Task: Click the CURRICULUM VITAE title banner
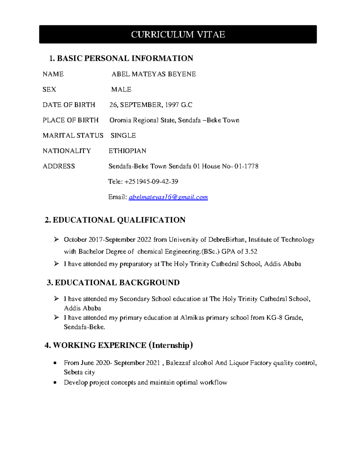click(178, 34)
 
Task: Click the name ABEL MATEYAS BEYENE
click(154, 74)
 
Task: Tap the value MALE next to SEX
click(121, 90)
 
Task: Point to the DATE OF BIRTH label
click(69, 105)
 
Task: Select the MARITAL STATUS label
click(73, 136)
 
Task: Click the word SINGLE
click(123, 136)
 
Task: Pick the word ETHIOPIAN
click(127, 151)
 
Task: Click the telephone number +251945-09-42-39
click(151, 182)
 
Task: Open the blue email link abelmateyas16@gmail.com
click(168, 197)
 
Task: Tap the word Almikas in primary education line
click(192, 318)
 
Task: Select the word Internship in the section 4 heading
click(171, 345)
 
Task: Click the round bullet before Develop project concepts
click(55, 383)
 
